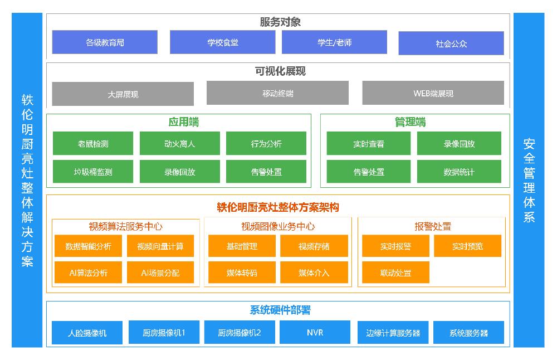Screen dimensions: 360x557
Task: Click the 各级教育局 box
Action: pyautogui.click(x=105, y=42)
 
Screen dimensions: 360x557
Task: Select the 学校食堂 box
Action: pyautogui.click(x=222, y=42)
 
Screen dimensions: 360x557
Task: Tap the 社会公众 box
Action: pyautogui.click(x=451, y=43)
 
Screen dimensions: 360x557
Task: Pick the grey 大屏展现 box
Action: pyautogui.click(x=123, y=94)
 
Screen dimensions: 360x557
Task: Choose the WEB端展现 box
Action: pyautogui.click(x=433, y=93)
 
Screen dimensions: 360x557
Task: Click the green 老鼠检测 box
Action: pyautogui.click(x=93, y=144)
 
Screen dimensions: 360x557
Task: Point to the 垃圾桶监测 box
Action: pyautogui.click(x=93, y=172)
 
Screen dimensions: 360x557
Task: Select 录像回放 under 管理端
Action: pyautogui.click(x=459, y=144)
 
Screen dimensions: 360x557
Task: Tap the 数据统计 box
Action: pyautogui.click(x=459, y=172)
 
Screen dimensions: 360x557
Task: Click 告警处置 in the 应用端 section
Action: pyautogui.click(x=266, y=172)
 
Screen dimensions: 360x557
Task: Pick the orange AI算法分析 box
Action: pyautogui.click(x=88, y=273)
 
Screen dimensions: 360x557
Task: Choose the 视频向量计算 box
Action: pyautogui.click(x=160, y=246)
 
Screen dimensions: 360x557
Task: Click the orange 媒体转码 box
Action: pyautogui.click(x=242, y=273)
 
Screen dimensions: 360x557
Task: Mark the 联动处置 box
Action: pyautogui.click(x=395, y=273)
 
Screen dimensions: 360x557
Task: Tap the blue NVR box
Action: pyautogui.click(x=315, y=332)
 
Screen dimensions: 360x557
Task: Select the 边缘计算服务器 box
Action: pyautogui.click(x=393, y=333)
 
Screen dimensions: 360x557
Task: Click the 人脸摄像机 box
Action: pyautogui.click(x=87, y=333)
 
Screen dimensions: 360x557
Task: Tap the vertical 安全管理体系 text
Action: pyautogui.click(x=529, y=180)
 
